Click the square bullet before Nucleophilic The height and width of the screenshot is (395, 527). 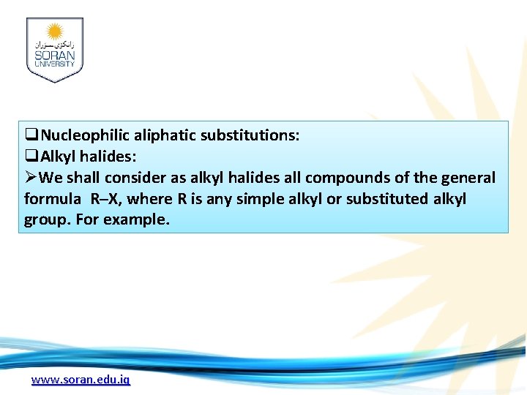31,135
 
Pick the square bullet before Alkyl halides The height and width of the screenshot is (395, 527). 31,157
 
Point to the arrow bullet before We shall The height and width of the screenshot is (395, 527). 31,178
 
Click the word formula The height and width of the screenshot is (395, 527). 53,199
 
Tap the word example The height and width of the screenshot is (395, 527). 136,220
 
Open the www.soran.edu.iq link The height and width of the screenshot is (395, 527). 81,380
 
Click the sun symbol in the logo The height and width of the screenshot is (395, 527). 55,31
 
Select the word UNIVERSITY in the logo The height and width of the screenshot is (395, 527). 54,64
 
